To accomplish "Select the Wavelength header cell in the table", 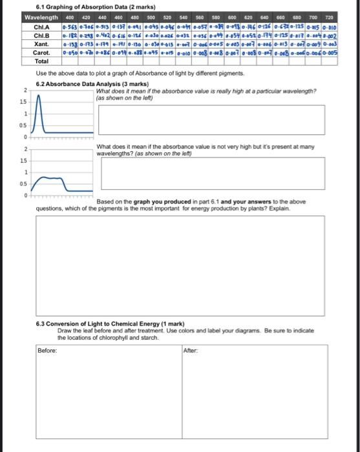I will tap(41, 17).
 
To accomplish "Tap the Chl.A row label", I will tap(41, 26).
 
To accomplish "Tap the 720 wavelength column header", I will tap(328, 17).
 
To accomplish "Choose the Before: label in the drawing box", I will tap(47, 350).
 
